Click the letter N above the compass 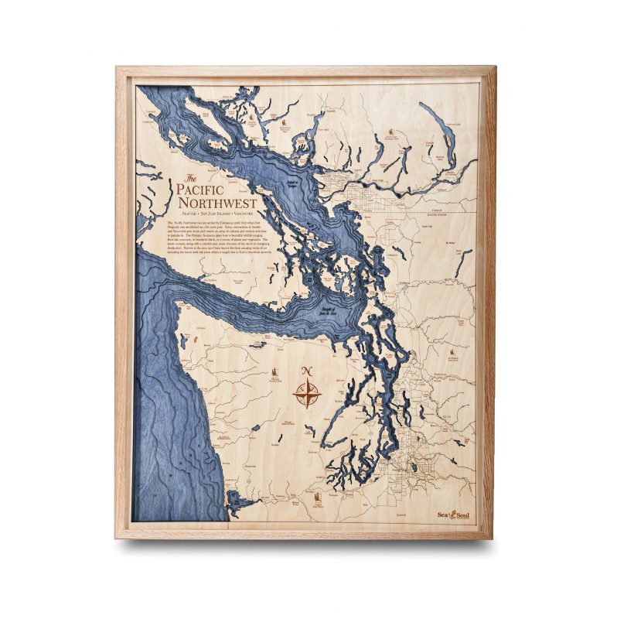306,370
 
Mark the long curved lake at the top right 448,135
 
